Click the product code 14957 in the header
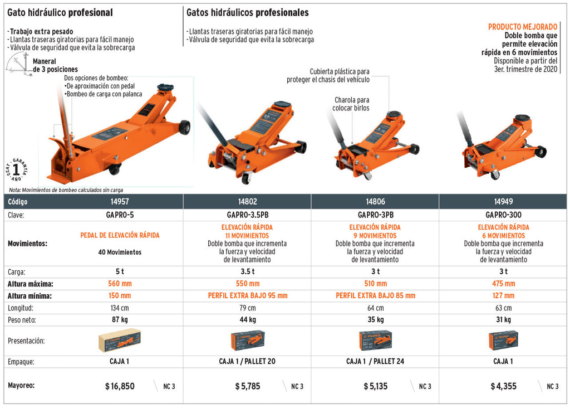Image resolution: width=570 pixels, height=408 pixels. click(x=120, y=202)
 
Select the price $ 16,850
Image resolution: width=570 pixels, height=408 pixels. click(x=120, y=386)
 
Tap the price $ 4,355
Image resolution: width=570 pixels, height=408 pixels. click(x=503, y=386)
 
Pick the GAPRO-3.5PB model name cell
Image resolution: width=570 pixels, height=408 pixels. click(x=248, y=215)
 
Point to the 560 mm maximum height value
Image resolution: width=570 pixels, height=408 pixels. click(x=120, y=284)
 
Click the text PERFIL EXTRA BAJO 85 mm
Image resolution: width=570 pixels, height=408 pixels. click(x=376, y=295)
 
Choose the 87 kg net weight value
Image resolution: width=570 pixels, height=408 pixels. click(x=120, y=319)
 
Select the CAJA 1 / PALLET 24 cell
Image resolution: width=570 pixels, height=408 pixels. click(x=375, y=361)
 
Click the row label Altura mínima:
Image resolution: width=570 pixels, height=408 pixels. click(x=30, y=296)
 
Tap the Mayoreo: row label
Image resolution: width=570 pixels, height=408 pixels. click(x=21, y=386)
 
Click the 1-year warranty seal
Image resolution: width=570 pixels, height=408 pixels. click(x=16, y=169)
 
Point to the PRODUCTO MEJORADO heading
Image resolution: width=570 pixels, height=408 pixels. click(x=522, y=27)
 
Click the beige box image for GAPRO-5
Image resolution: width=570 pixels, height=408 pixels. click(x=119, y=341)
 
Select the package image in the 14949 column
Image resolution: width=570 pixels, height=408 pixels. click(x=503, y=341)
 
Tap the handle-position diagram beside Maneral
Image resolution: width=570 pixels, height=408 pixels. click(x=18, y=64)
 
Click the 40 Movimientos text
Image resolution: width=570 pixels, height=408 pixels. click(x=120, y=252)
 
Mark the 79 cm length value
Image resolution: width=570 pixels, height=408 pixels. click(x=248, y=308)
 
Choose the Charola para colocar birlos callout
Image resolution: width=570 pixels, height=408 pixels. click(x=351, y=104)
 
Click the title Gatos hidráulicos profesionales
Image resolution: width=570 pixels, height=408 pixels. click(x=248, y=13)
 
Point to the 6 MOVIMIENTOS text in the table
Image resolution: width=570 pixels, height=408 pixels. click(x=503, y=235)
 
